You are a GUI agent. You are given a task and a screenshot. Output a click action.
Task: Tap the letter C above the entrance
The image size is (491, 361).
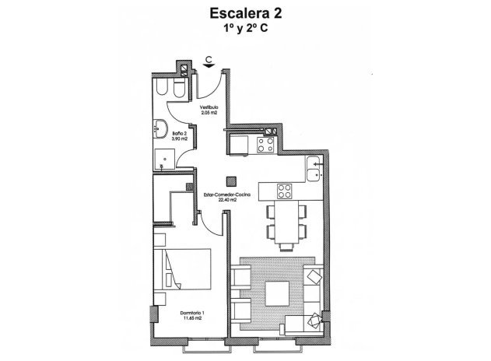coord(209,58)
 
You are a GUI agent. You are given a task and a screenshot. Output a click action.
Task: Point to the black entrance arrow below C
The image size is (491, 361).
coord(209,67)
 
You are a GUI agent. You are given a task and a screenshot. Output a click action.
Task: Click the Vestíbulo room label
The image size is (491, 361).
coord(208,107)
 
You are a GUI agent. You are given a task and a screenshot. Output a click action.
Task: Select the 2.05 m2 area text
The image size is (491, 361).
coord(208,113)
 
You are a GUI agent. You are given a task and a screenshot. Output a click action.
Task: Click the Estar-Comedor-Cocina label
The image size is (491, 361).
coord(226,194)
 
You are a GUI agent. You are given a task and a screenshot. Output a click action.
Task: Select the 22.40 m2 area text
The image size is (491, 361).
coord(226,200)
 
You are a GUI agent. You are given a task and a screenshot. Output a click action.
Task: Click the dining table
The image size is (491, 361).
coord(286,222)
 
